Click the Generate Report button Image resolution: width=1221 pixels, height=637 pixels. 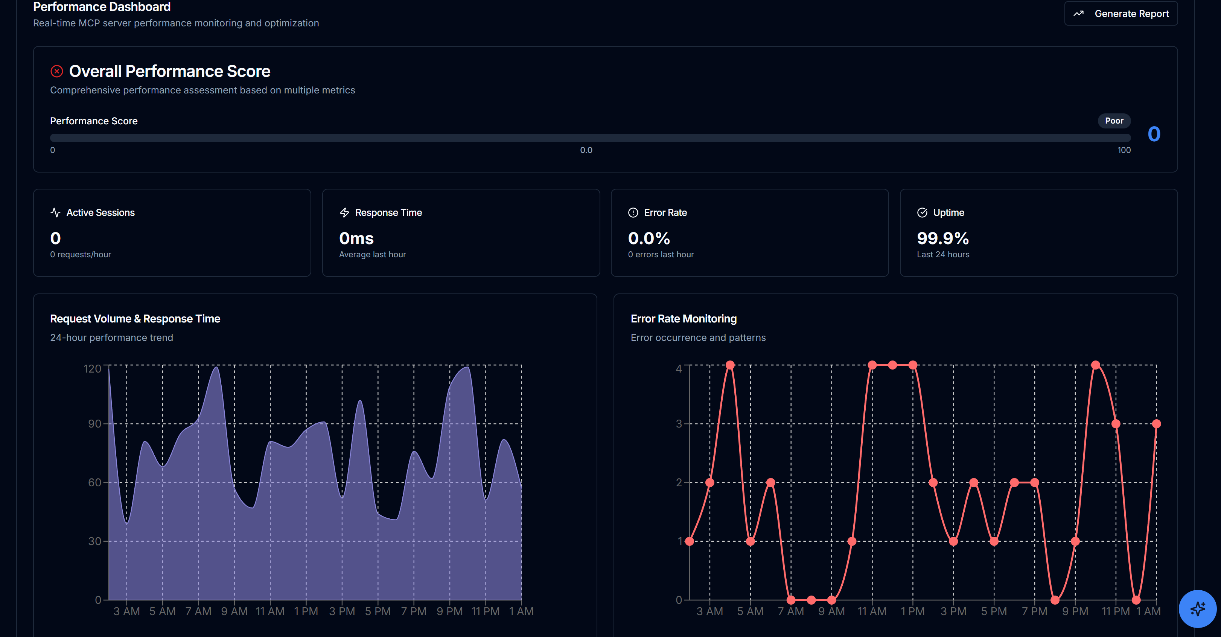pos(1121,14)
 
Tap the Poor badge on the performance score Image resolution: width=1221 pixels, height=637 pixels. pos(1114,121)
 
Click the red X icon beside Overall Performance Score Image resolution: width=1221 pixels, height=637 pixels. pos(57,71)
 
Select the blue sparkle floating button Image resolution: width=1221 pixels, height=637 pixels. pos(1197,608)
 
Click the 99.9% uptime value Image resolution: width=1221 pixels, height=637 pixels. pos(942,238)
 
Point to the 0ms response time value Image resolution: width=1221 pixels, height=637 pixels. pos(356,238)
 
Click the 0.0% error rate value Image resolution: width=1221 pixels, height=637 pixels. pos(649,238)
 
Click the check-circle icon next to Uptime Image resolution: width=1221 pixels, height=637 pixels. pos(922,212)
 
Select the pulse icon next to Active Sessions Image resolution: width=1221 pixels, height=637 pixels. pos(55,212)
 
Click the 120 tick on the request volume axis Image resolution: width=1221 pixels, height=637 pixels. pos(93,368)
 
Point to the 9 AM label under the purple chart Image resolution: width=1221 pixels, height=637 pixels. pos(234,611)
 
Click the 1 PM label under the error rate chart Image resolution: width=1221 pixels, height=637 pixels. pos(912,611)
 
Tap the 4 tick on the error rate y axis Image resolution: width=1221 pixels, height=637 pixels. pos(679,368)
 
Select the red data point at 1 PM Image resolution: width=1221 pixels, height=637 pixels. pos(912,365)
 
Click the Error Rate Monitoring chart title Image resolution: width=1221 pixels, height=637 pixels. pos(684,319)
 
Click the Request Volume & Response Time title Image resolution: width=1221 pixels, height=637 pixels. pos(135,319)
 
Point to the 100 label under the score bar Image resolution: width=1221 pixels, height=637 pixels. pos(1124,150)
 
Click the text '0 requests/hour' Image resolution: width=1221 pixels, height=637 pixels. pos(81,255)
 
